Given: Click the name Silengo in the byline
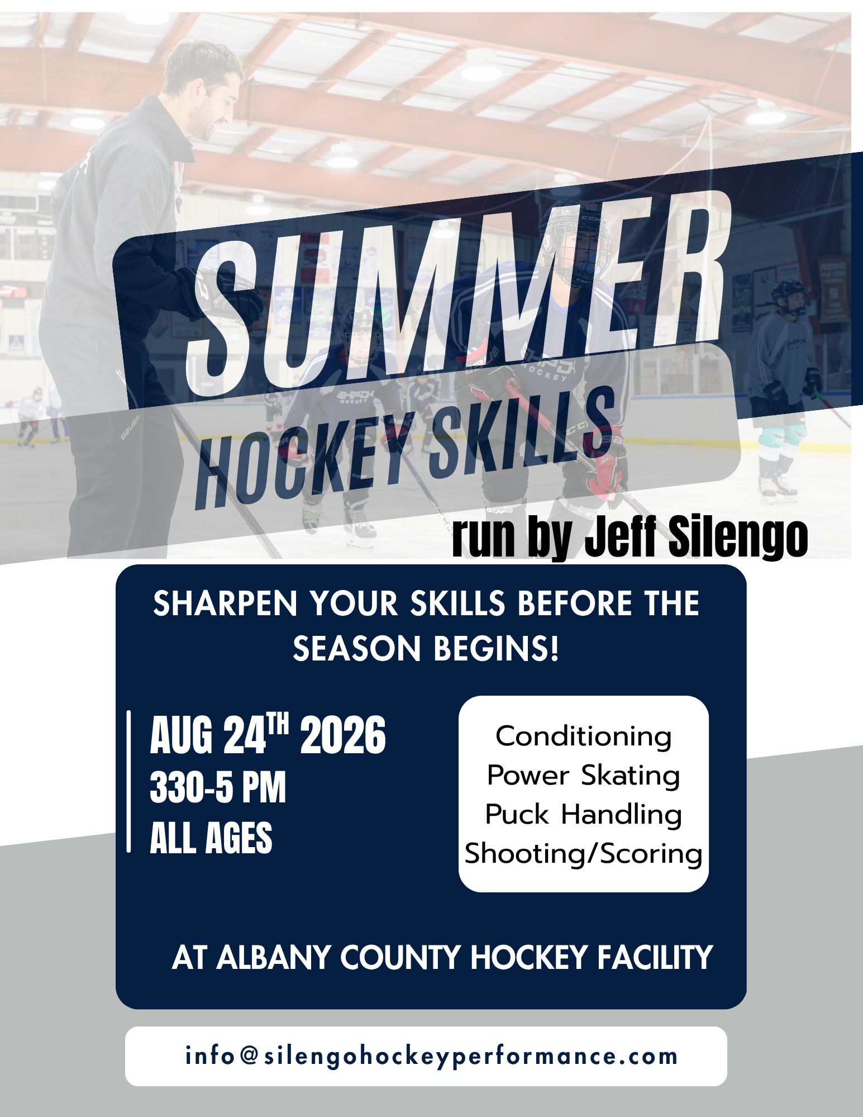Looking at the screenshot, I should pyautogui.click(x=737, y=536).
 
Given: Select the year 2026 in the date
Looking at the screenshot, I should pyautogui.click(x=343, y=735).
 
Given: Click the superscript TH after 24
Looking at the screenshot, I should pyautogui.click(x=278, y=725).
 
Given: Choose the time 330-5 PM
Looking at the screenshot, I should pyautogui.click(x=218, y=787).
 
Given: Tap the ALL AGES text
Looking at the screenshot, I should pyautogui.click(x=211, y=838).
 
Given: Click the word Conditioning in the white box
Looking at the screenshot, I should pyautogui.click(x=583, y=736).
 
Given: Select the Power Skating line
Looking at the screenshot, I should pyautogui.click(x=583, y=776).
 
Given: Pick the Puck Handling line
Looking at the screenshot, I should pyautogui.click(x=583, y=815).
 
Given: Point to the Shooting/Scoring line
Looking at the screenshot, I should pyautogui.click(x=583, y=854).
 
